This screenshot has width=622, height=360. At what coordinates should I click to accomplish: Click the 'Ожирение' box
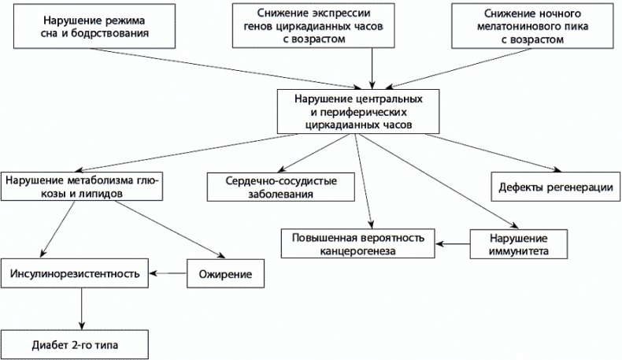tap(225, 273)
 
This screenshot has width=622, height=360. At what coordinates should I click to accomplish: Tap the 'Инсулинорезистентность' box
tap(75, 273)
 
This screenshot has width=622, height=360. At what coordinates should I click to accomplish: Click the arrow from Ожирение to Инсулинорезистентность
tap(168, 273)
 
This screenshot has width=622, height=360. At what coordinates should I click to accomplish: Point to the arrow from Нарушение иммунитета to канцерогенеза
tap(452, 243)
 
